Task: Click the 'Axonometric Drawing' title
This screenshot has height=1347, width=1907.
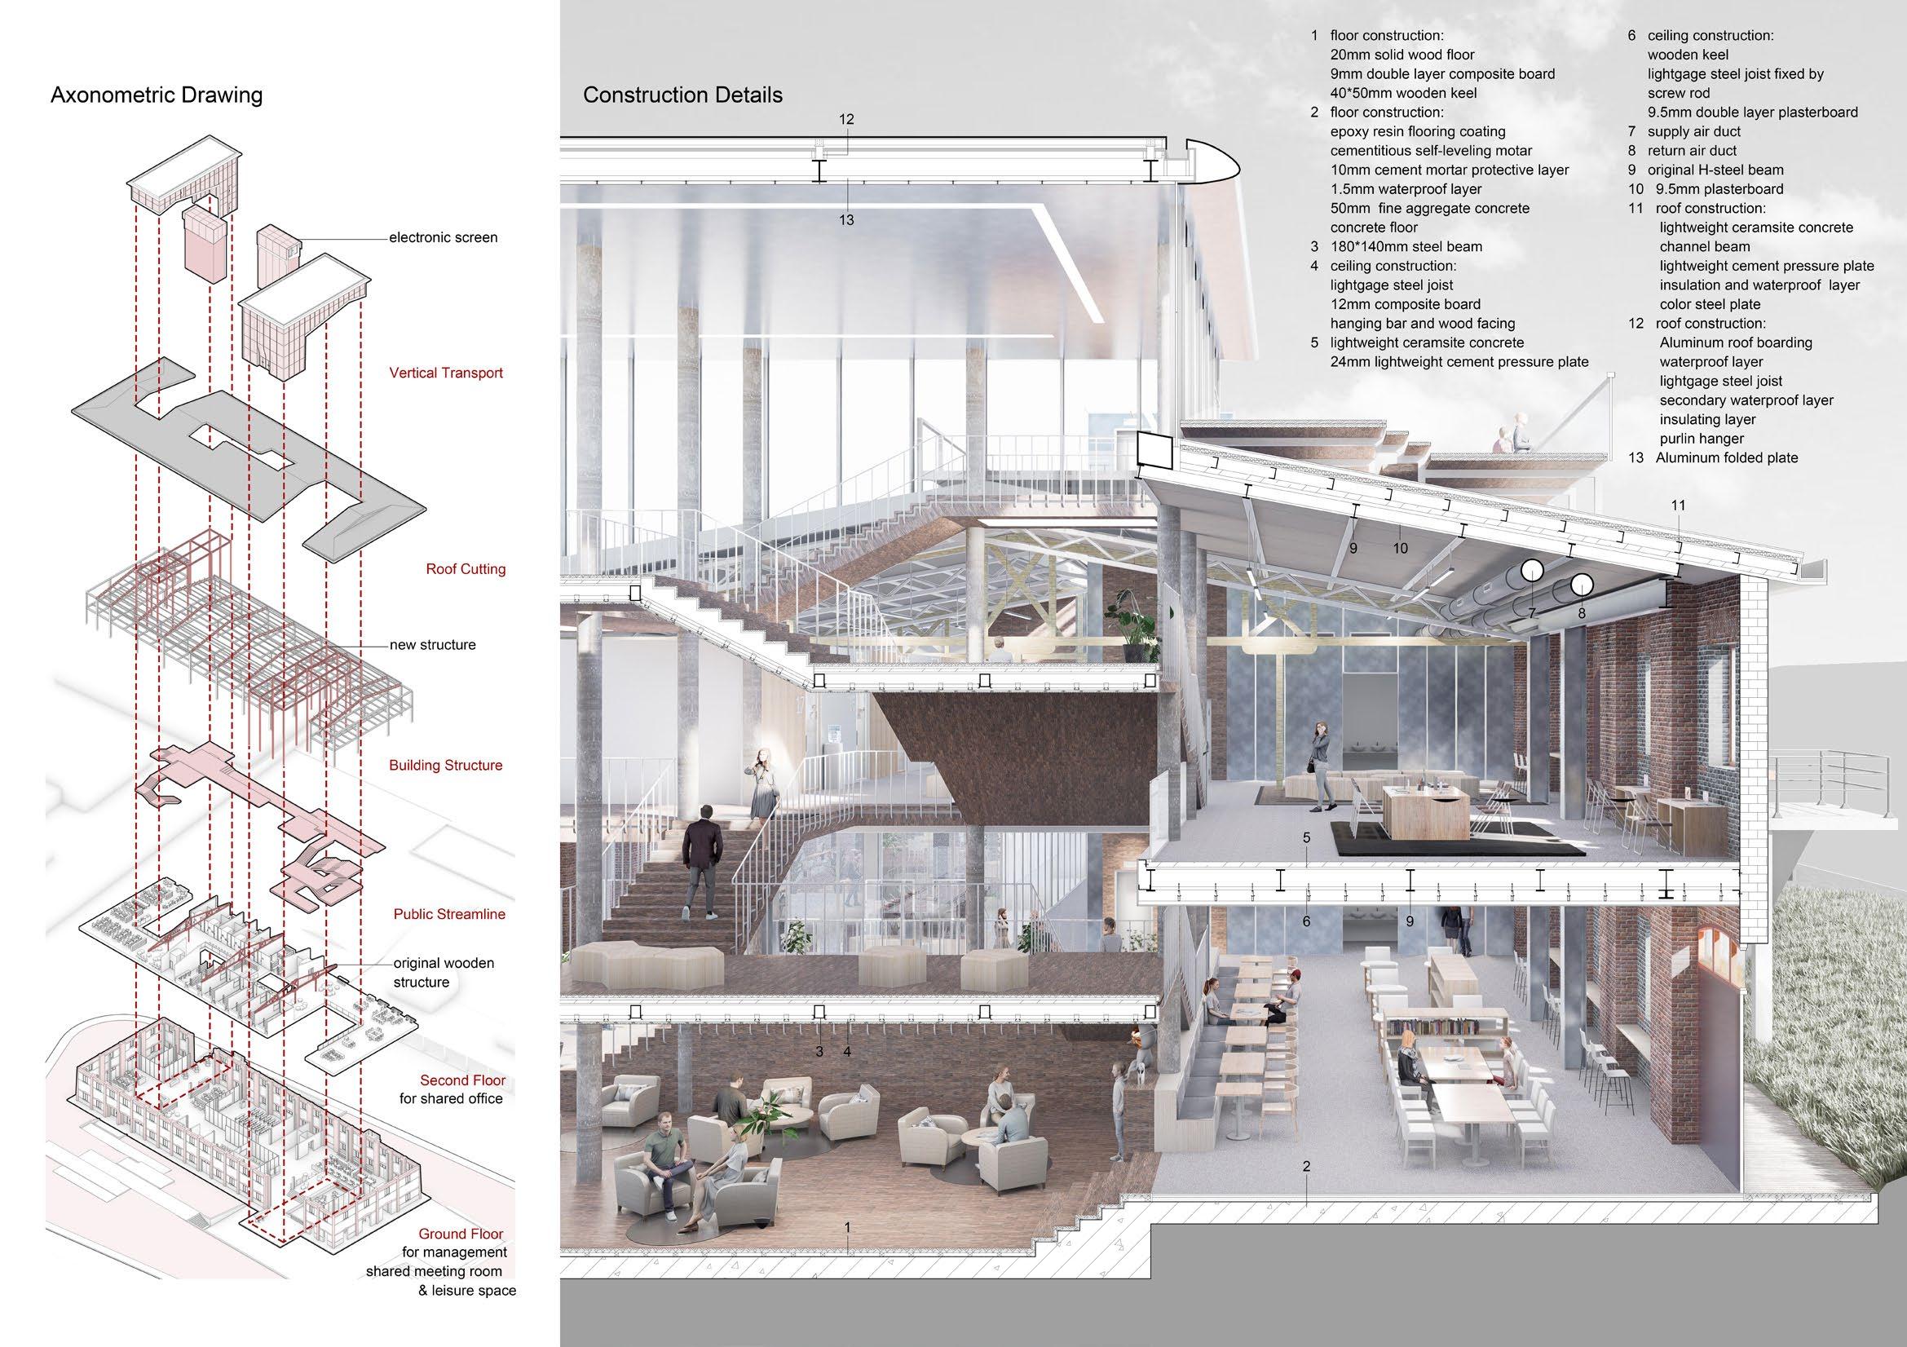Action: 157,95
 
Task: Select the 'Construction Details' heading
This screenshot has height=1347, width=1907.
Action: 682,95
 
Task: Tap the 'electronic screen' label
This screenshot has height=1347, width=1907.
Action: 443,237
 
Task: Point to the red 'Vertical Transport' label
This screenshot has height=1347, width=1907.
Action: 445,373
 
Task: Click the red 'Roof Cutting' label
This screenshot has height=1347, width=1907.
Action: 465,569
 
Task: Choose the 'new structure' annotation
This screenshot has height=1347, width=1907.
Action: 433,644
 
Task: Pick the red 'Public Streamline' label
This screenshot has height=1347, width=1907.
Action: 448,914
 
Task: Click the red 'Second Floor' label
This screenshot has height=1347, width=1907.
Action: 461,1080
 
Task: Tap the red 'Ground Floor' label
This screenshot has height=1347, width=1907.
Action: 460,1234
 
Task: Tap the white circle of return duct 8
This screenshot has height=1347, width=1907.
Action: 1581,585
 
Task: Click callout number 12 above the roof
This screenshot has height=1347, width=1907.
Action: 845,120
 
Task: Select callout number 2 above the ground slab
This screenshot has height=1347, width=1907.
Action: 1305,1167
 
